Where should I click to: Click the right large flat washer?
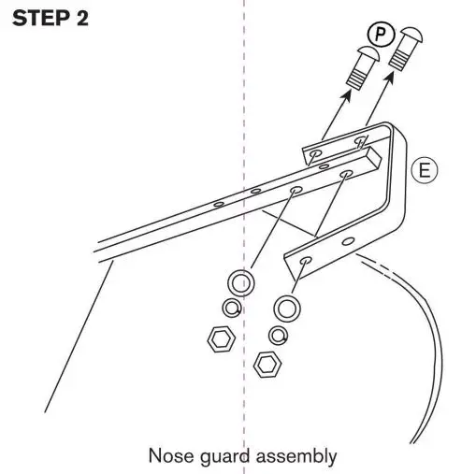point(288,306)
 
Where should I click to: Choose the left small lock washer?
point(229,308)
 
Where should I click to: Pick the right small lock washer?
point(278,334)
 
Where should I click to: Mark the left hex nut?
point(219,338)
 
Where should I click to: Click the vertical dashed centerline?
point(245,112)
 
